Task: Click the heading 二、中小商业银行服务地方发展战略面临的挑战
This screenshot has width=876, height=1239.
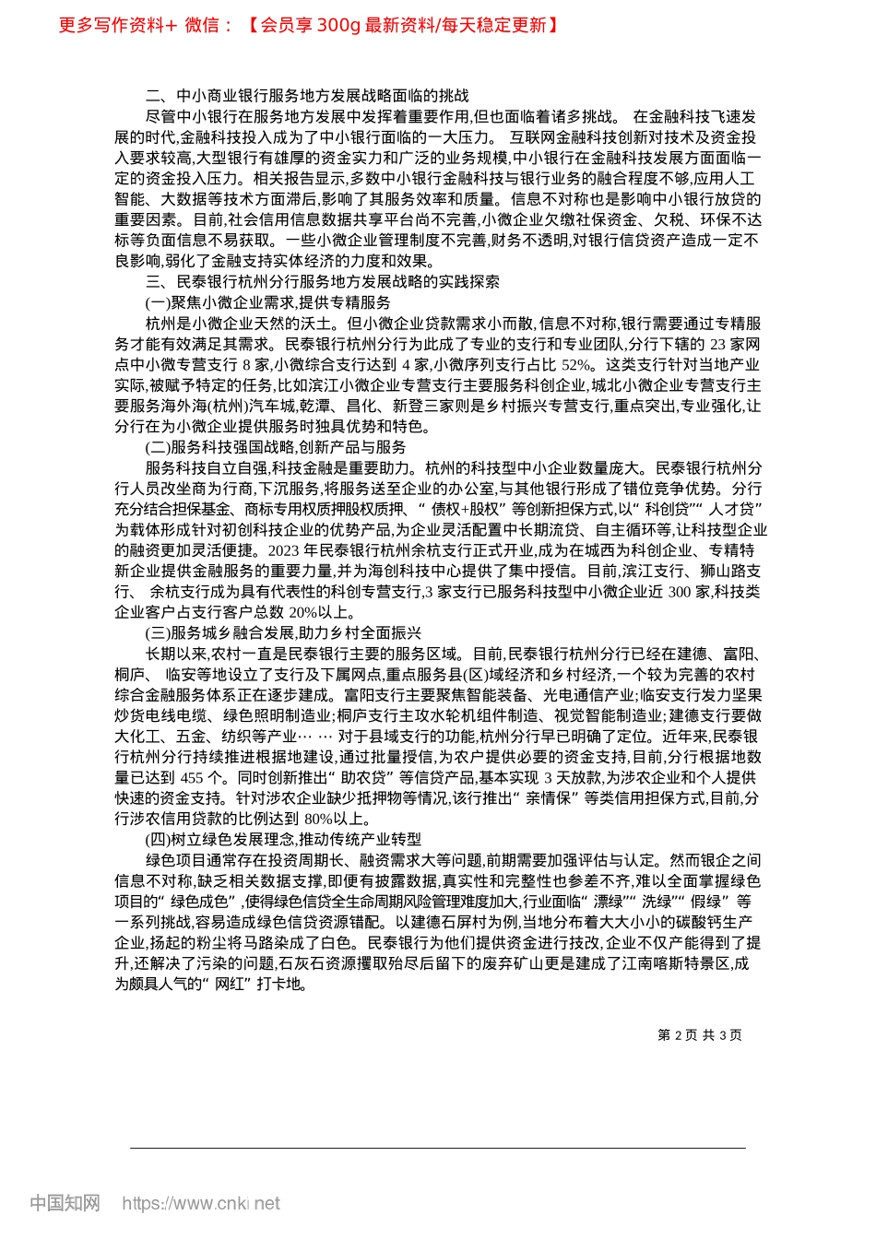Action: tap(307, 96)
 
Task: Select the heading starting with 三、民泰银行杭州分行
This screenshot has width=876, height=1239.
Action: tap(323, 282)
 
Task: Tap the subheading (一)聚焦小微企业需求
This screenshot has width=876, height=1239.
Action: tap(267, 302)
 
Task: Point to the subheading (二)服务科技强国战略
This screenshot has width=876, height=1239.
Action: tap(275, 447)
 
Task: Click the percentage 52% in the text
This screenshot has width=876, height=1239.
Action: tap(579, 364)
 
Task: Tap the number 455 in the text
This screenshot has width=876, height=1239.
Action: tap(192, 777)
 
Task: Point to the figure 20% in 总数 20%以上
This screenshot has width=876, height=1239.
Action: tap(303, 612)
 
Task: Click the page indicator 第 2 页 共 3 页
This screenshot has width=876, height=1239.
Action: tap(699, 1035)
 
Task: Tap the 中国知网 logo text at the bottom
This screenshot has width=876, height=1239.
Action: tap(65, 1202)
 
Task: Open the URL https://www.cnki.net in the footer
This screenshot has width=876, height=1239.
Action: tap(201, 1203)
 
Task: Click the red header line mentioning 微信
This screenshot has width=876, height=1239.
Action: tap(308, 25)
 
